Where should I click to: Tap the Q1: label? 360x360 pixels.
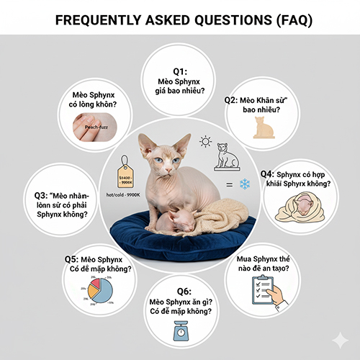tap(176, 72)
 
